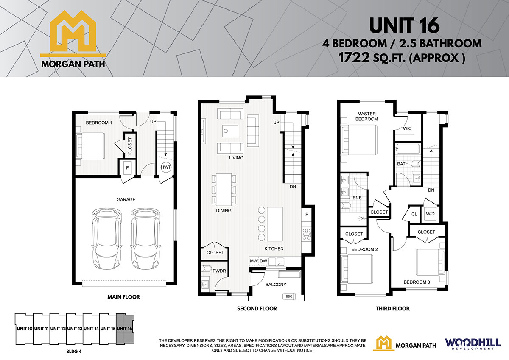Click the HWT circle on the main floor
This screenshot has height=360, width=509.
166,167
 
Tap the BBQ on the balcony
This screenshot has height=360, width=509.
289,296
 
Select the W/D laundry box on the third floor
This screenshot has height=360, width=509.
430,214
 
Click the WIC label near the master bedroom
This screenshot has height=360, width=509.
407,128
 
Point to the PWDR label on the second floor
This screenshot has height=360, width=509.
219,271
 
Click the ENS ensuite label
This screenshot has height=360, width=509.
357,198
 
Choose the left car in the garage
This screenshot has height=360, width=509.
106,239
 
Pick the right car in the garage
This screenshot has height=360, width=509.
145,239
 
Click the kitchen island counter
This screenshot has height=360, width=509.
275,224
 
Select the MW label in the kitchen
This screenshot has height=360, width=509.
254,261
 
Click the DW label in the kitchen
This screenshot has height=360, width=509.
263,261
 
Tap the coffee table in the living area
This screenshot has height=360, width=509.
230,131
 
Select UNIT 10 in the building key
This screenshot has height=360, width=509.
25,329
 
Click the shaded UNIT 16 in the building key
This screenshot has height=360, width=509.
125,329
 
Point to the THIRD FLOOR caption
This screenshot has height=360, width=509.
393,308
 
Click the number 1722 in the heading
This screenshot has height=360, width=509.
354,58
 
